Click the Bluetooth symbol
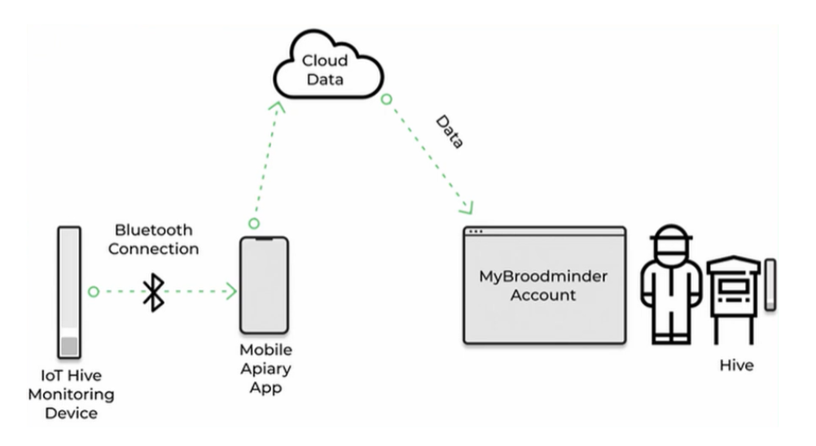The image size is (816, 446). click(x=153, y=291)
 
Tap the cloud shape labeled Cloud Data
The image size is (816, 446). click(x=326, y=71)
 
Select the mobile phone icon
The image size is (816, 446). click(x=264, y=285)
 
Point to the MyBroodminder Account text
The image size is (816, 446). click(x=543, y=285)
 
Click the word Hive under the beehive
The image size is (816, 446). click(x=736, y=365)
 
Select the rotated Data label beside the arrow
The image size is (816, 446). click(x=449, y=131)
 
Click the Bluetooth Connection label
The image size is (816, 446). click(x=154, y=239)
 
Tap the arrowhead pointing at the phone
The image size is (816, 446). click(x=232, y=291)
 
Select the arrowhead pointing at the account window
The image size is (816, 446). click(x=468, y=207)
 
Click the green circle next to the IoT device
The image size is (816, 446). click(x=94, y=291)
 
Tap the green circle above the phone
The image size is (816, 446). click(x=254, y=223)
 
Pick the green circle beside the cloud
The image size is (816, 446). click(x=386, y=99)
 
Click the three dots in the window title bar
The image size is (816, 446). click(x=476, y=232)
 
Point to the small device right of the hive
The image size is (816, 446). click(x=770, y=284)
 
